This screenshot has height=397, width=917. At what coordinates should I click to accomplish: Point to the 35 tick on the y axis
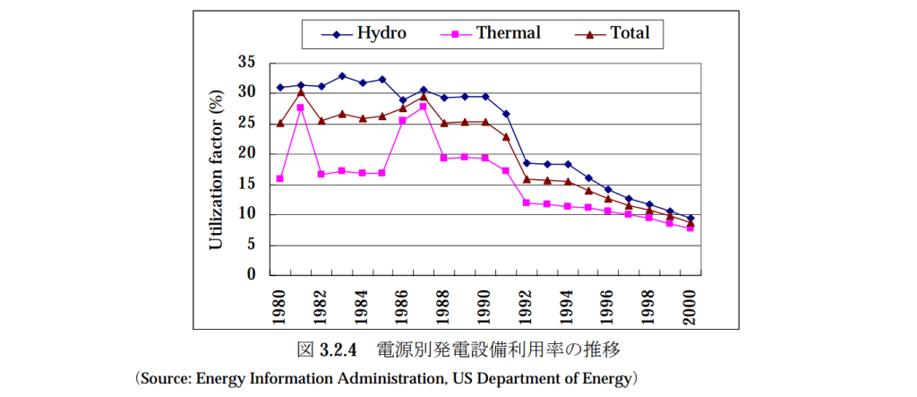[x=247, y=63]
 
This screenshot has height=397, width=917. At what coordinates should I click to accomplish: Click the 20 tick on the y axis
[x=247, y=154]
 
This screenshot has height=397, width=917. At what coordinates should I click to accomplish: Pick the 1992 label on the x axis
[x=527, y=305]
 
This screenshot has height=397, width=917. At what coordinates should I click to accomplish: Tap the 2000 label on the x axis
[x=690, y=305]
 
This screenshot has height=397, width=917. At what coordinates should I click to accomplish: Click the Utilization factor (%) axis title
[x=216, y=168]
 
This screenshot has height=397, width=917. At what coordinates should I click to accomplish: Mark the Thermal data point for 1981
[x=301, y=108]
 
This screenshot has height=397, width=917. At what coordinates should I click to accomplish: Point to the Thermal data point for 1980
[x=280, y=179]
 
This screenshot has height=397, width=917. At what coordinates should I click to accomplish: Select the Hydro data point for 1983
[x=342, y=75]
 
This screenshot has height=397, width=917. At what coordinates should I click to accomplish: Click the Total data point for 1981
[x=301, y=91]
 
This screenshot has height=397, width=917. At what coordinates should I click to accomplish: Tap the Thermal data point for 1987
[x=424, y=107]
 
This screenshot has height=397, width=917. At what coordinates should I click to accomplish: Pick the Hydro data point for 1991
[x=506, y=114]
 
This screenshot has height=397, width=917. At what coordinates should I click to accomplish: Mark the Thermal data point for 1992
[x=527, y=203]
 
